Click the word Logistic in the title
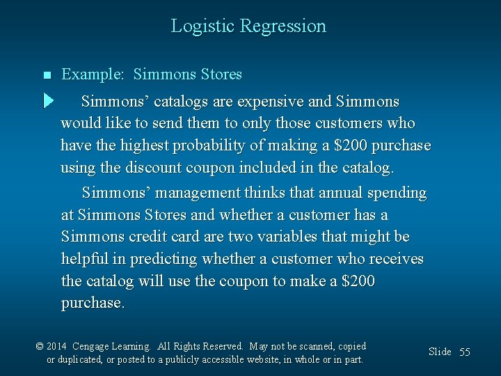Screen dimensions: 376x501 (202, 26)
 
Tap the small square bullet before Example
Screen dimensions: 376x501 (47, 75)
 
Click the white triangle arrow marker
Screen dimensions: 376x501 (47, 101)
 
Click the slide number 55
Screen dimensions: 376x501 (464, 352)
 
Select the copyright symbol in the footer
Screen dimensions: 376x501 (40, 347)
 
